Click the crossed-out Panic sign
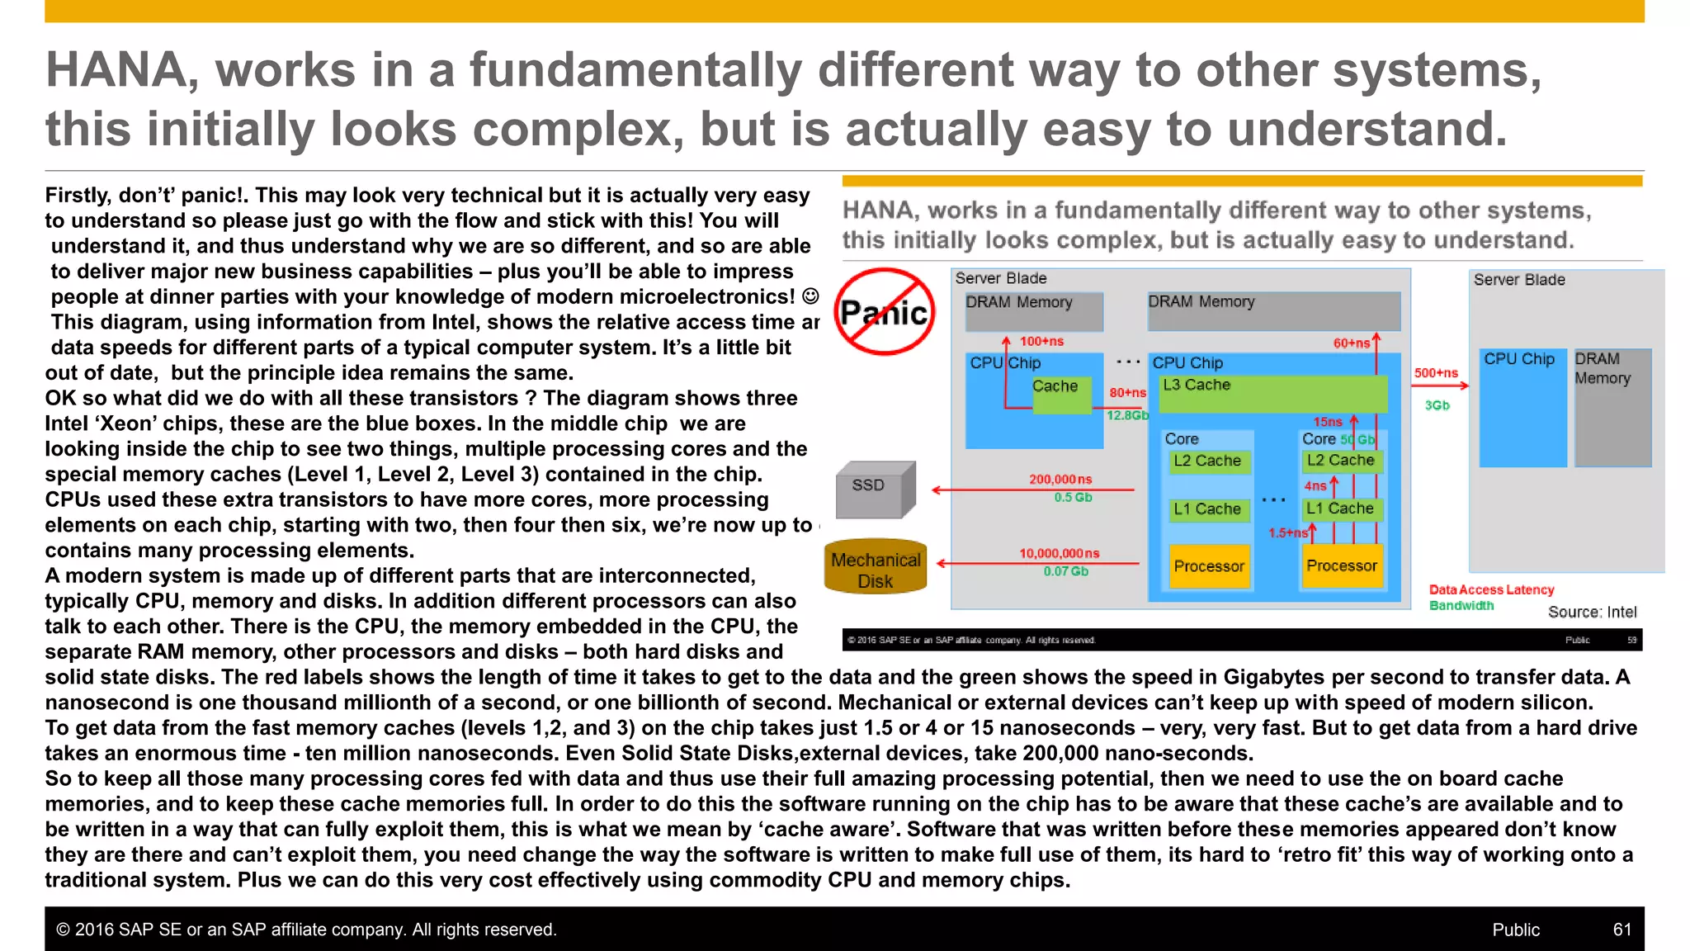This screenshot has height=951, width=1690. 884,312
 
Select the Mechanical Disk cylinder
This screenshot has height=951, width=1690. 876,569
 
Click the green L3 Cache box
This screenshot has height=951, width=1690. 1272,394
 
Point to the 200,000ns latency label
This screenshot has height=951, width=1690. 1060,479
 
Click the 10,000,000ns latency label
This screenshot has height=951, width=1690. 1059,553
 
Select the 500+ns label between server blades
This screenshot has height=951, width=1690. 1436,373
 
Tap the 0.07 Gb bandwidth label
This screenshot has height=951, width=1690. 1065,571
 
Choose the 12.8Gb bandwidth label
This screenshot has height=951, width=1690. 1127,415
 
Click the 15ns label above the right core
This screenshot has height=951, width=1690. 1328,422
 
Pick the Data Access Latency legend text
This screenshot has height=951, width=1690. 1491,589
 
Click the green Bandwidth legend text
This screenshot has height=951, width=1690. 1461,605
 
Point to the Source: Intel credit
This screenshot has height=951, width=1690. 1592,612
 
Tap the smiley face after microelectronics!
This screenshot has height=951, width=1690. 811,296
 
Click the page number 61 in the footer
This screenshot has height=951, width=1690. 1622,930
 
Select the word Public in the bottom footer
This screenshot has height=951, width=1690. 1516,930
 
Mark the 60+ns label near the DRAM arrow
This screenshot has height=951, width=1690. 1351,343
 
